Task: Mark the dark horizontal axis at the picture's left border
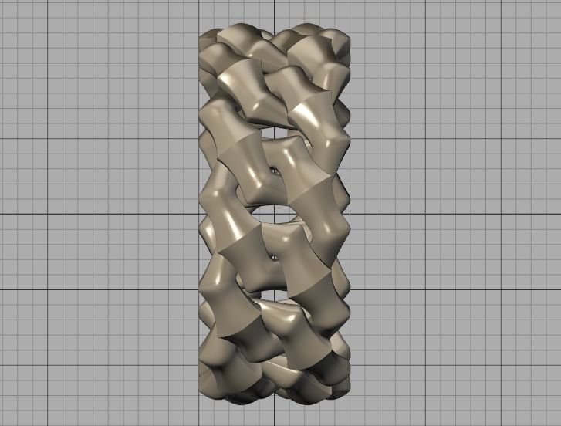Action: coord(2,213)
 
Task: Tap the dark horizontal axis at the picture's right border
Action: coord(559,213)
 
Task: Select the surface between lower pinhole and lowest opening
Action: coord(275,274)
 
